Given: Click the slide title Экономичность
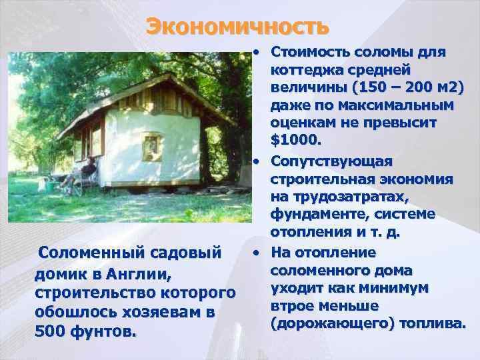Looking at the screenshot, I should pyautogui.click(x=238, y=27).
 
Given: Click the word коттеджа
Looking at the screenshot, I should pyautogui.click(x=304, y=70).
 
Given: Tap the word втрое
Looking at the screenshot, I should pyautogui.click(x=295, y=305).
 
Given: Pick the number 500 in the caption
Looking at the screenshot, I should pyautogui.click(x=50, y=331).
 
